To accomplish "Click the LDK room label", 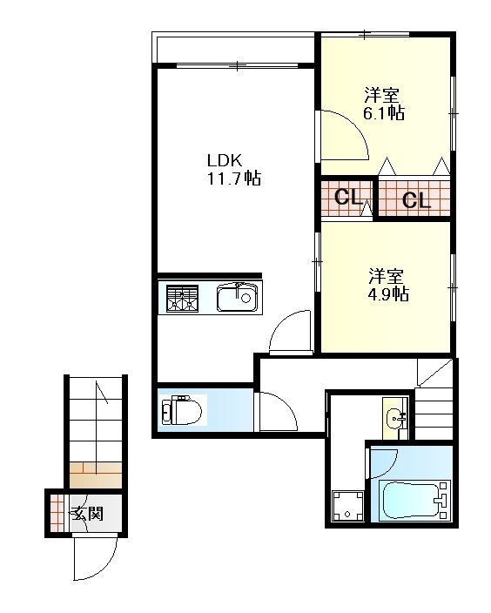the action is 225,160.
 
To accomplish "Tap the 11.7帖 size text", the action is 234,179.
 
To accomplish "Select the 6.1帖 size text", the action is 384,113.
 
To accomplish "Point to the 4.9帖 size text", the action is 388,293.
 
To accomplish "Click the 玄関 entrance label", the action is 88,514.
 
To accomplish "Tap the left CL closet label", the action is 347,197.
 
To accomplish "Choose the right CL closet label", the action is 416,200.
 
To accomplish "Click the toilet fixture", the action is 181,410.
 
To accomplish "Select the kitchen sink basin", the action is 238,298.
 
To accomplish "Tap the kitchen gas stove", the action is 182,299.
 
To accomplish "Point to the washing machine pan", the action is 347,506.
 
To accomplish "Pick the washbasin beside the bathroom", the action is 395,418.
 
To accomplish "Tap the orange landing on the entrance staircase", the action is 96,475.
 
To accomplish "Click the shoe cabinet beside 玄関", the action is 57,514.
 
